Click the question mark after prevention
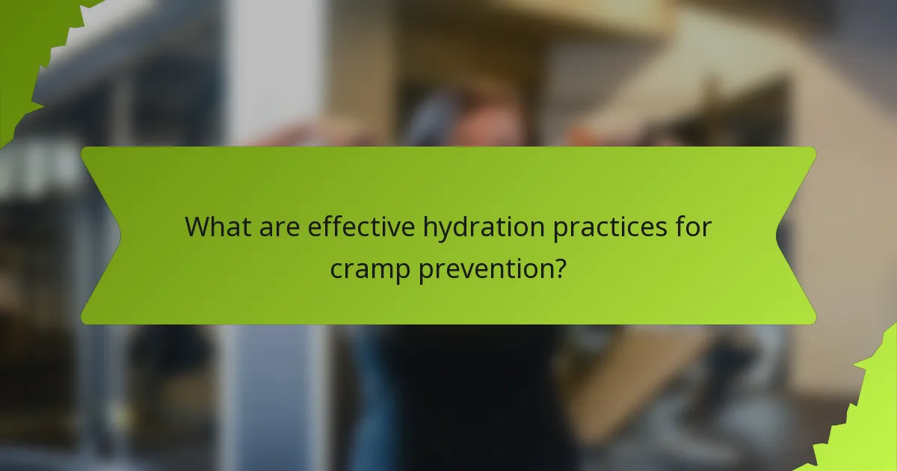coord(559,268)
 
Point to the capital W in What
coord(197,227)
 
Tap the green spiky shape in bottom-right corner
coord(867,419)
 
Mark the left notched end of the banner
coord(101,235)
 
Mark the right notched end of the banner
coord(796,235)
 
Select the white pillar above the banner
coord(262,75)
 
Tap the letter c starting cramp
coord(337,269)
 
